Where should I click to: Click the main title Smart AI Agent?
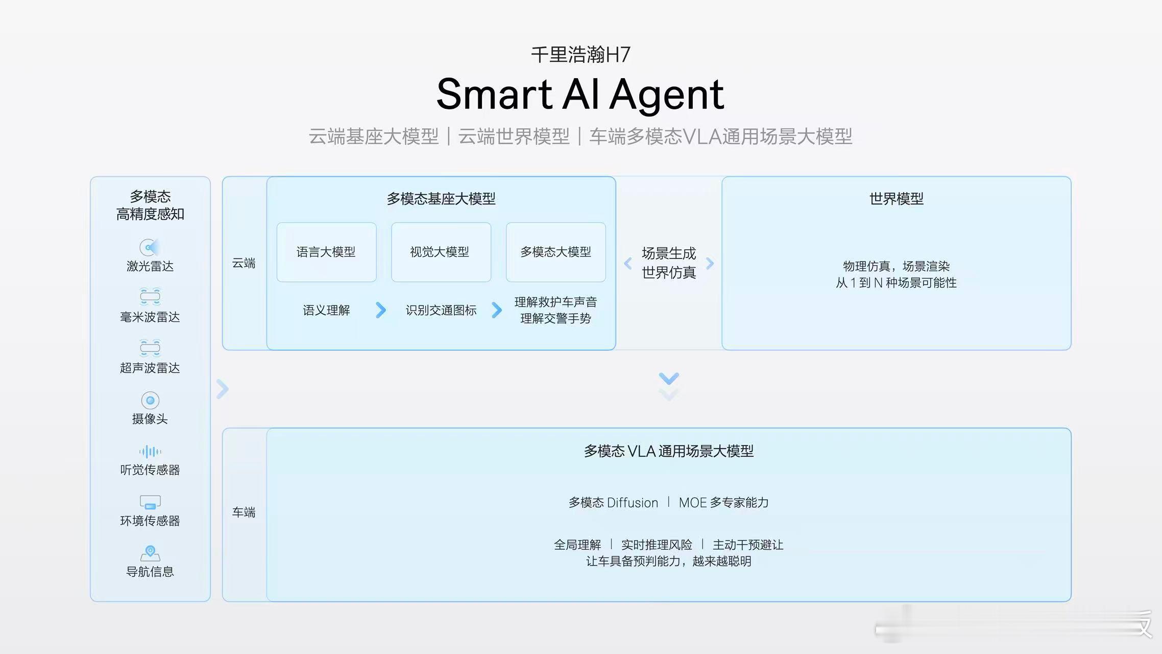[x=580, y=95]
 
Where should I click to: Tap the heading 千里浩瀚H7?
[x=580, y=55]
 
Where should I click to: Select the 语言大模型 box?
[x=326, y=252]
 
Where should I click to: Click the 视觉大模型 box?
[x=441, y=252]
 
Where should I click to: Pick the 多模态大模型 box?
[x=555, y=252]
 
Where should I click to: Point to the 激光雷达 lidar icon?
[x=150, y=247]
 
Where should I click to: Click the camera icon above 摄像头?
[x=150, y=401]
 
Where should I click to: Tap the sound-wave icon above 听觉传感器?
[x=150, y=452]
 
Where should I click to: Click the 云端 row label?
[x=244, y=263]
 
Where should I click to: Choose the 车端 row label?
[x=244, y=512]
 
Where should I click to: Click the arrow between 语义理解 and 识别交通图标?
[x=381, y=310]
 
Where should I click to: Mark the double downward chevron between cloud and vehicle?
[x=669, y=386]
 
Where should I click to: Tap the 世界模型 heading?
[x=896, y=199]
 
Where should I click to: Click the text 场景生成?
[x=669, y=253]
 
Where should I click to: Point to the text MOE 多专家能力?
[x=723, y=503]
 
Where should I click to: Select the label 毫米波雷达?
[x=150, y=317]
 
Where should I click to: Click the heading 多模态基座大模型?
[x=441, y=199]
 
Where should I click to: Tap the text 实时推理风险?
[x=657, y=545]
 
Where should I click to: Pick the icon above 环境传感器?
[x=150, y=502]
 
